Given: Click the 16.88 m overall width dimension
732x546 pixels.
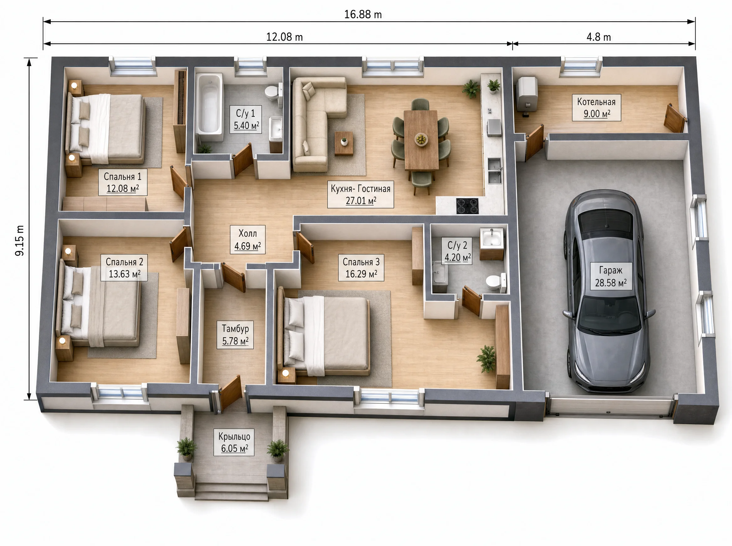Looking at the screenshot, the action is click(363, 14).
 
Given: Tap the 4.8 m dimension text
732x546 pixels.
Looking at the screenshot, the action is click(599, 37).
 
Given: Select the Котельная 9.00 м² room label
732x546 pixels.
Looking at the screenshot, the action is click(596, 108).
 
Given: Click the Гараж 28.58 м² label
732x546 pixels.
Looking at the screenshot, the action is click(611, 276).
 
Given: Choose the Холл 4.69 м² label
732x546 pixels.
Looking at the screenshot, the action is click(248, 240).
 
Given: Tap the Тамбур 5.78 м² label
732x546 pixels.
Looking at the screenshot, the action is click(235, 334).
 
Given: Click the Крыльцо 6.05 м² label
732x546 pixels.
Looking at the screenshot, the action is click(234, 442).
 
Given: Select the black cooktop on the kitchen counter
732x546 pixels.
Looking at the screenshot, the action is click(467, 206).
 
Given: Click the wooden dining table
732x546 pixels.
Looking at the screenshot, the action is click(421, 140).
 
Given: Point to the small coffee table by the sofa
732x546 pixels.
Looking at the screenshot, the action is click(344, 143).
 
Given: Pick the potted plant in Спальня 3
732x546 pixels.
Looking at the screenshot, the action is click(486, 358).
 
